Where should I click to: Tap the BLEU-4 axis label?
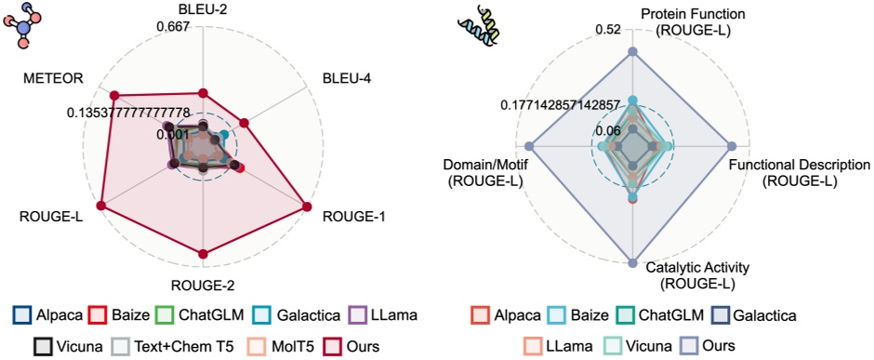[346, 80]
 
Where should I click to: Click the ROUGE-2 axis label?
[205, 285]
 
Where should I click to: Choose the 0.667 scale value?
[175, 26]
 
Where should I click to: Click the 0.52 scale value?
[606, 30]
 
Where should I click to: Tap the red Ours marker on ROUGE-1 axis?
[306, 206]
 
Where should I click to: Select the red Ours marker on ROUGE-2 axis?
[203, 253]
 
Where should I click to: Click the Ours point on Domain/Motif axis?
[530, 146]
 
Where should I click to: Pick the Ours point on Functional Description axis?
[733, 146]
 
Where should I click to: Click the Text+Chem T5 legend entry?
[168, 345]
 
